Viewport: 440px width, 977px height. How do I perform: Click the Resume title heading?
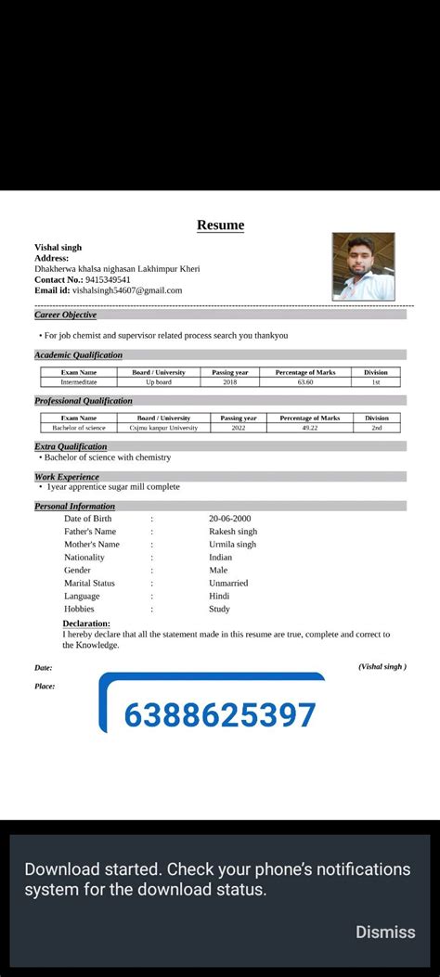pos(220,225)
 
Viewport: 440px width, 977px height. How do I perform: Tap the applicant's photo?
pos(364,266)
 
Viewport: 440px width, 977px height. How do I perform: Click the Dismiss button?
pos(385,932)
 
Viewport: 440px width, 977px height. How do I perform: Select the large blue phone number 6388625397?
pos(220,715)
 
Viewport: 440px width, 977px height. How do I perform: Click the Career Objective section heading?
pos(65,315)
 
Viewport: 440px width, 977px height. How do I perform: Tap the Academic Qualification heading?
pos(78,355)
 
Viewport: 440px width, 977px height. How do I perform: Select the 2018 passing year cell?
pos(230,382)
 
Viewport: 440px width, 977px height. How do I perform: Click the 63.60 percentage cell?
pos(305,382)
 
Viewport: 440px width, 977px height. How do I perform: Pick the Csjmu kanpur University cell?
pos(163,428)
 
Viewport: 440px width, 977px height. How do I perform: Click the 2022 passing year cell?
pos(239,428)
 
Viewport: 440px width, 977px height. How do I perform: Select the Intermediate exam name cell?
pos(79,382)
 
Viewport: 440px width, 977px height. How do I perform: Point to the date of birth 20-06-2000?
pos(230,519)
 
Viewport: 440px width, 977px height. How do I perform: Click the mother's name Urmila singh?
pos(232,545)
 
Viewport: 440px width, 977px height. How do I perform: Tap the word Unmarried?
pos(228,584)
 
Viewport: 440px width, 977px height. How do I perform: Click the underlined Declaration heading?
pos(86,623)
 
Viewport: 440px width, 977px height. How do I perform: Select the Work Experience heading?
pos(67,477)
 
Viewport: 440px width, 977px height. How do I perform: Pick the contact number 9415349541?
pos(108,279)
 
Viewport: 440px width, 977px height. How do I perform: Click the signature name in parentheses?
pos(382,666)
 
